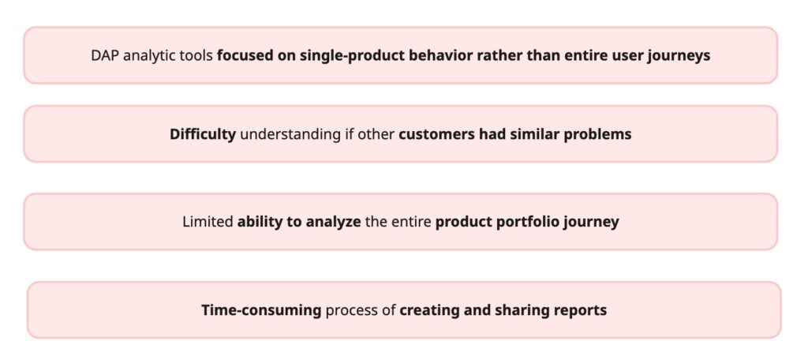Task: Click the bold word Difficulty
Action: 203,135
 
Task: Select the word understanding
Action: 290,135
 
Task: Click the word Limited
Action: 208,222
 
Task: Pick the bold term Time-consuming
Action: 261,310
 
